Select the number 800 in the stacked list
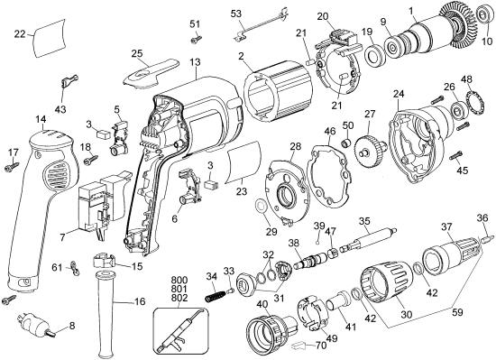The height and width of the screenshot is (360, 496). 179,280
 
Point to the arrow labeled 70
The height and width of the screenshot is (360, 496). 305,344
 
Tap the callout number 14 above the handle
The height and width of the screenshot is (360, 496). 41,119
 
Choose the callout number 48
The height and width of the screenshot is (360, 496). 467,80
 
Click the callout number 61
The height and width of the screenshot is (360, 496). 56,267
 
